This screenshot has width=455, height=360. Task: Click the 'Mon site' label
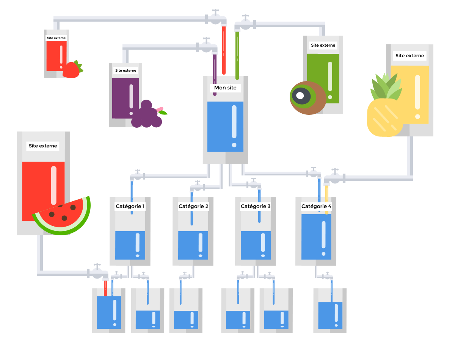pos(225,88)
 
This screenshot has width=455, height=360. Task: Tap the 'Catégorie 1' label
pos(130,207)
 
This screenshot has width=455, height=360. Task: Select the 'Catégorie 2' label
pos(193,207)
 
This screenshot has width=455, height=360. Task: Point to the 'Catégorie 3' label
pos(256,207)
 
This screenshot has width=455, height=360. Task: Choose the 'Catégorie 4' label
pos(316,207)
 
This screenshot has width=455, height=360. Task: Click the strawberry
pos(72,70)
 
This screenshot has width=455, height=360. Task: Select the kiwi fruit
pos(307,97)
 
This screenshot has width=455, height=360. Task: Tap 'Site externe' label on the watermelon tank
pos(43,146)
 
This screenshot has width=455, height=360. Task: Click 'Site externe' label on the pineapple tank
pos(409,56)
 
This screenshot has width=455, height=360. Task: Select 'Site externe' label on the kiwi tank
pos(323,45)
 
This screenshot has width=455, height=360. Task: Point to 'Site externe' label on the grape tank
pos(126,70)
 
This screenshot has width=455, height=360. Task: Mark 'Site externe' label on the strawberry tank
pos(56,38)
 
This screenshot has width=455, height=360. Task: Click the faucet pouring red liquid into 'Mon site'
pos(216,18)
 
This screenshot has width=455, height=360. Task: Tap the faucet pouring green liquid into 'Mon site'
pos(245,23)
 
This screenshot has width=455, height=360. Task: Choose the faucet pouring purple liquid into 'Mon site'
pos(207,46)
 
